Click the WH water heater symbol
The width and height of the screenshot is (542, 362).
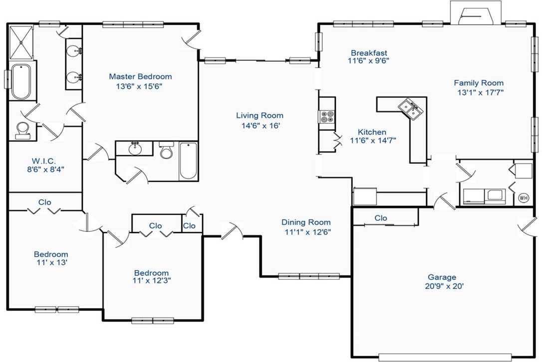(x=524, y=198)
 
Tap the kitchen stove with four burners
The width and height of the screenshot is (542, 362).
(x=327, y=116)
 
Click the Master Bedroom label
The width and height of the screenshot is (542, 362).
(x=140, y=76)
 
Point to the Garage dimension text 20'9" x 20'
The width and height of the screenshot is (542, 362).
(x=444, y=286)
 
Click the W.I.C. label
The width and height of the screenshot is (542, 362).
(x=44, y=160)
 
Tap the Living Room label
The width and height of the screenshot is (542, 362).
(x=260, y=115)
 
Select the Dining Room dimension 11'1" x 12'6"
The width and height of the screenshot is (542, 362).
(x=307, y=231)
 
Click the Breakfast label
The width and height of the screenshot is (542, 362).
(x=369, y=53)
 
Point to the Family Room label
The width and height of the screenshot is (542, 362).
(x=479, y=83)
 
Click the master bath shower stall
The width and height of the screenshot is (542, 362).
(x=21, y=42)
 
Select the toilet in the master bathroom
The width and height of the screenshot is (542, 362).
(x=22, y=130)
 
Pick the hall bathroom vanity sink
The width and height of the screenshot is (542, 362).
(x=134, y=148)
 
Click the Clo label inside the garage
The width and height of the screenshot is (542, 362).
(x=381, y=218)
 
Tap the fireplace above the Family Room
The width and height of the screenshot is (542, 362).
(x=475, y=13)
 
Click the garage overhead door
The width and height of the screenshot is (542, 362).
(x=445, y=357)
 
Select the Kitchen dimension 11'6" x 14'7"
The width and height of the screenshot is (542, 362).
(x=373, y=140)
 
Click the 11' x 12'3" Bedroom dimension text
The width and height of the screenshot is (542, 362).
(x=151, y=280)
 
